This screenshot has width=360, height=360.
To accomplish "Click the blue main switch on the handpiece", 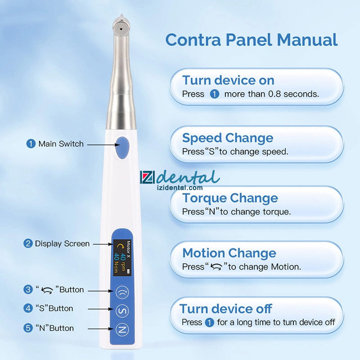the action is pyautogui.click(x=122, y=148).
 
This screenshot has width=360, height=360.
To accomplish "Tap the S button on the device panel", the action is pyautogui.click(x=122, y=311).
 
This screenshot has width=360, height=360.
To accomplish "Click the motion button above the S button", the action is pyautogui.click(x=122, y=292).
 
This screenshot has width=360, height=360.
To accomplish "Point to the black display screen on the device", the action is pyautogui.click(x=122, y=258).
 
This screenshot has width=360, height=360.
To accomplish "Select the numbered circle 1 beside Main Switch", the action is pyautogui.click(x=31, y=144).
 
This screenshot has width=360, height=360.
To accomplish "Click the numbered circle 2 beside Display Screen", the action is pyautogui.click(x=28, y=243).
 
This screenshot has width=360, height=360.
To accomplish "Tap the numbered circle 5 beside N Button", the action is pyautogui.click(x=28, y=328).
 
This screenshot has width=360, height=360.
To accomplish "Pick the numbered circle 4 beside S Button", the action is pyautogui.click(x=28, y=308).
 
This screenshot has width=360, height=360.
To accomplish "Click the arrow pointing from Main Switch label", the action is pyautogui.click(x=103, y=144).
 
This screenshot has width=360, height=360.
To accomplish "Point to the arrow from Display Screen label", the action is pyautogui.click(x=103, y=244).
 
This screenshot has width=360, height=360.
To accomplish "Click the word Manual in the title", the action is pyautogui.click(x=307, y=40).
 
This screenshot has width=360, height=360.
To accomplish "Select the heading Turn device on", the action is pyautogui.click(x=228, y=81).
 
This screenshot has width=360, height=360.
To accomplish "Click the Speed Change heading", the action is pyautogui.click(x=228, y=138).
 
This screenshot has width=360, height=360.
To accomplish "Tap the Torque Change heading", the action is pyautogui.click(x=230, y=198).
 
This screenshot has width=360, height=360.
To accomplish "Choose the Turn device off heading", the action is pyautogui.click(x=226, y=309).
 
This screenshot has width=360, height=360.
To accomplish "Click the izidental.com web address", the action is pyautogui.click(x=180, y=188).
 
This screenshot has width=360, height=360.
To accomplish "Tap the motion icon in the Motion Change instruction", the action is pyautogui.click(x=216, y=266).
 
